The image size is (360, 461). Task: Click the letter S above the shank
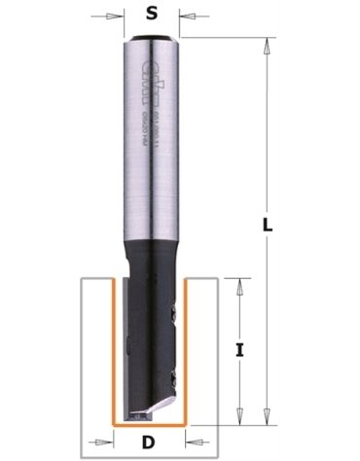coord(151,14)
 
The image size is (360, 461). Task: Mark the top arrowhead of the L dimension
coord(267,43)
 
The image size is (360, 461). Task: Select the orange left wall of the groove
coord(116,350)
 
